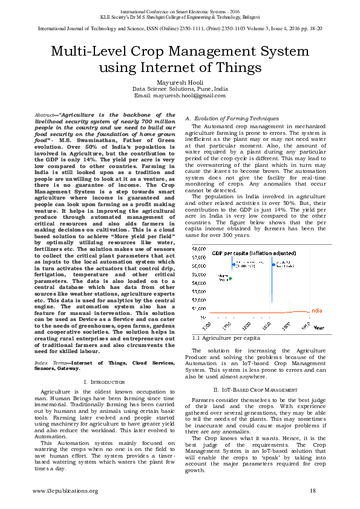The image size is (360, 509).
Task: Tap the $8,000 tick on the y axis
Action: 198,248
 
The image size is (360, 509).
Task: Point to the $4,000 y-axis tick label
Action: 198,282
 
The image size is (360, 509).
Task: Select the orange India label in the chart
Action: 316,310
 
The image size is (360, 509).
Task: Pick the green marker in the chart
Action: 230,279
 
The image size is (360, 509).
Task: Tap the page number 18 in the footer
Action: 313,490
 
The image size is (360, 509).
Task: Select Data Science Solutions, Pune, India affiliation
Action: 180,88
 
